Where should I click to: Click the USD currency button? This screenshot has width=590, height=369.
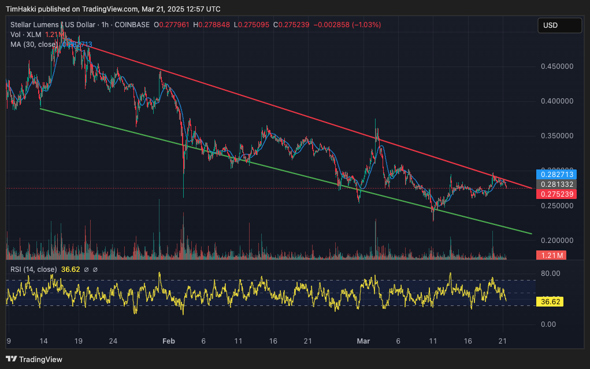coord(559,25)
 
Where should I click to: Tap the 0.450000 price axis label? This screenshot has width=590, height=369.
coord(557,67)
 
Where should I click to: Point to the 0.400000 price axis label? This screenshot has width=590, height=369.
coord(557,101)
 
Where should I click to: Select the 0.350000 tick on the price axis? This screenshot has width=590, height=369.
coord(557,136)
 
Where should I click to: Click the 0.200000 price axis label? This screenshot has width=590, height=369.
coord(557,240)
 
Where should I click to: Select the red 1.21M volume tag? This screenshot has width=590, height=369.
coord(551,255)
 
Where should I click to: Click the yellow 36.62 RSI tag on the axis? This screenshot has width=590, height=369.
coord(550,301)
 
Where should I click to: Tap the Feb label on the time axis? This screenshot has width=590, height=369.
coord(169,341)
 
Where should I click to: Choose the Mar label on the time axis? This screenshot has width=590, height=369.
coord(363,341)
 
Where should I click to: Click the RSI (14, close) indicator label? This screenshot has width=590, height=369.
coord(34,269)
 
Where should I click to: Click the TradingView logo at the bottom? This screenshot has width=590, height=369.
coord(34,359)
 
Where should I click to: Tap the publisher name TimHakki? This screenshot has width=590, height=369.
coord(21,9)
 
